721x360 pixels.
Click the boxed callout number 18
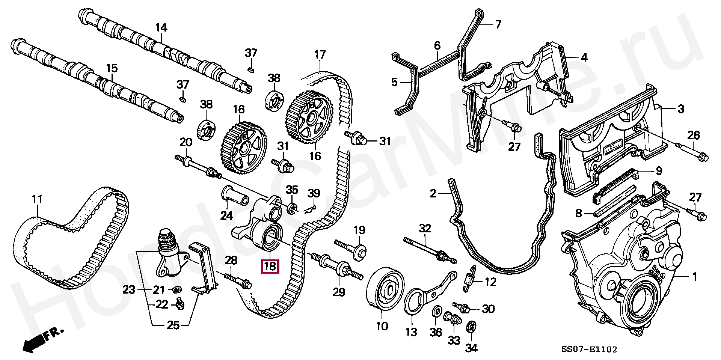click(270, 266)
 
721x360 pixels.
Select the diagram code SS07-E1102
click(589, 349)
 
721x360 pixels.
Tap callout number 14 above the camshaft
click(161, 27)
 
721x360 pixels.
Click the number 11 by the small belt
click(37, 199)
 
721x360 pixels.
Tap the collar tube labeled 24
click(235, 196)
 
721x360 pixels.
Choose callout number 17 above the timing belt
click(320, 55)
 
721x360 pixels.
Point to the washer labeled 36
click(437, 312)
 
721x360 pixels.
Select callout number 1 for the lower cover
click(694, 277)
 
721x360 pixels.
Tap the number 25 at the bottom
click(173, 325)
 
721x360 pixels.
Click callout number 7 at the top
click(498, 25)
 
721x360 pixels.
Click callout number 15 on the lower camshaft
click(112, 68)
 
